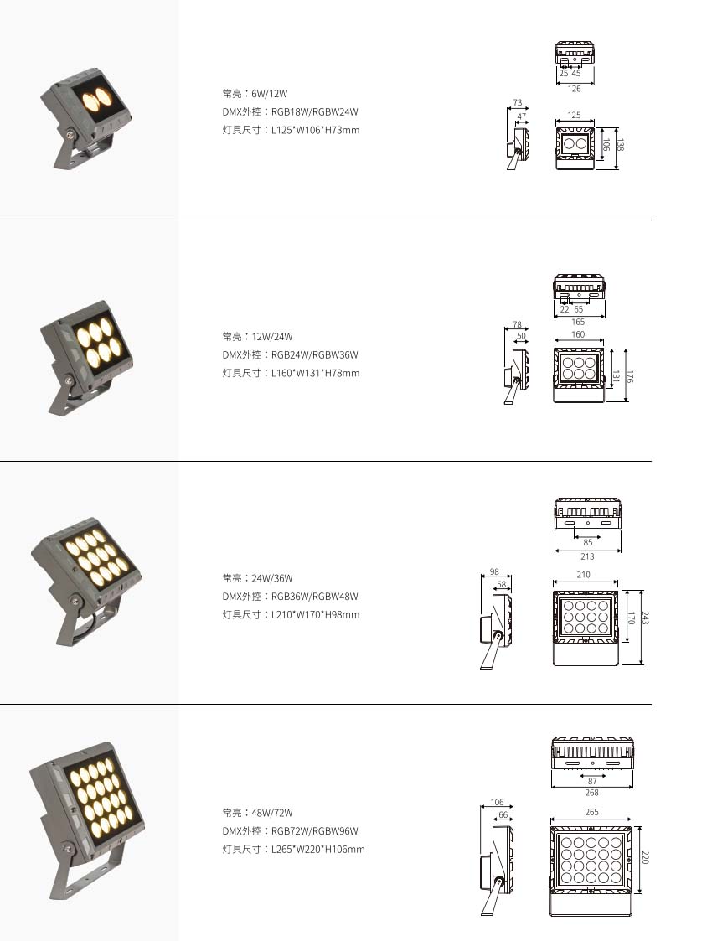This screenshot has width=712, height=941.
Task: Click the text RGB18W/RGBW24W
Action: tap(315, 111)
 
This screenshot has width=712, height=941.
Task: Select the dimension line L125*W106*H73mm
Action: tap(316, 130)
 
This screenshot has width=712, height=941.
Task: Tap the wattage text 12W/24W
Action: tap(272, 337)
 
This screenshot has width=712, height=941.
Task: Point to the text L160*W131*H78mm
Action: tap(316, 373)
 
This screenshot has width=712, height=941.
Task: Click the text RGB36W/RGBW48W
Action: tap(315, 597)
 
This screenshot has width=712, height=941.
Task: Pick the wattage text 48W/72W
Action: tap(272, 813)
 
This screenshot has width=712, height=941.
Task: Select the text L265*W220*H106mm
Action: tap(318, 850)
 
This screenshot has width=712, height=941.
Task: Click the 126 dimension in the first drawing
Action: tap(574, 89)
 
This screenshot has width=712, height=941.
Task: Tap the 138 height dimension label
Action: tap(620, 145)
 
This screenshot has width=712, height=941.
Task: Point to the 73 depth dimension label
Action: tap(518, 102)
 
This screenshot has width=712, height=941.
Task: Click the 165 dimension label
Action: tap(578, 322)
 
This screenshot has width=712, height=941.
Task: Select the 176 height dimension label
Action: tap(629, 376)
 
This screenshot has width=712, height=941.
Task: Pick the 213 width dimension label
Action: tap(587, 556)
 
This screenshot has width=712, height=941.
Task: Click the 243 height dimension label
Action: tap(646, 618)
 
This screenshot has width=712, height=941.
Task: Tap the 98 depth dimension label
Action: tap(494, 572)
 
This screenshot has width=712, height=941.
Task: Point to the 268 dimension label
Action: tap(592, 793)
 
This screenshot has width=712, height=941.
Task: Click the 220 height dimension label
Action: tap(646, 857)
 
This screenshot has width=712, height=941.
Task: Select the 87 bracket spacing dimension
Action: tap(592, 781)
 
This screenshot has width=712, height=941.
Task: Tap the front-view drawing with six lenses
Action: tap(578, 375)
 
